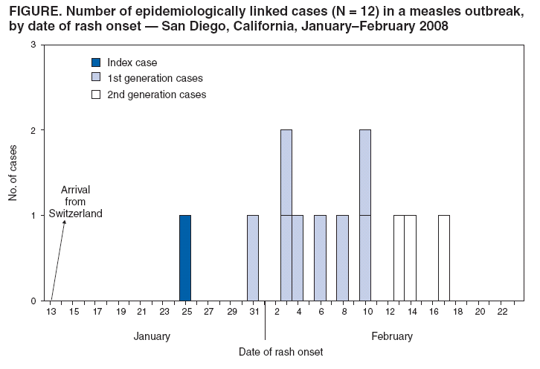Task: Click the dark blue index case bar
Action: click(x=185, y=257)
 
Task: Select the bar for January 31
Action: click(x=253, y=257)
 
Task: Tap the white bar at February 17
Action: click(x=444, y=257)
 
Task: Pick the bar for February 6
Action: click(x=320, y=257)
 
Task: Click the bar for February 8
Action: click(x=342, y=257)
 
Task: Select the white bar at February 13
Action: click(x=399, y=257)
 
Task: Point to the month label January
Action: click(x=152, y=336)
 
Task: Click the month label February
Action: click(x=391, y=336)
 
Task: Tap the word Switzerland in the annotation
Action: click(x=75, y=214)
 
